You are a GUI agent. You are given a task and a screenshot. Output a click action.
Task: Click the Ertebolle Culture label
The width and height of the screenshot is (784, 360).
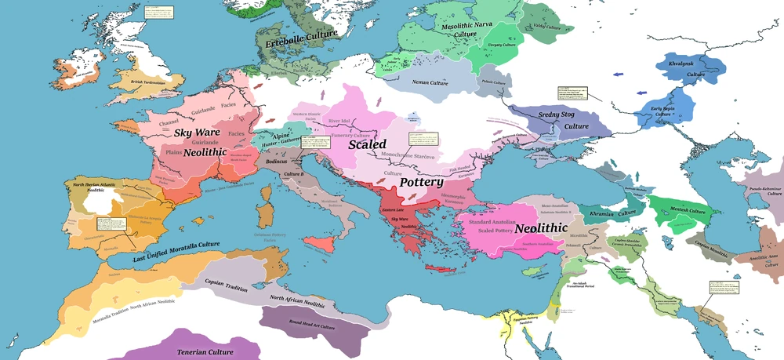tap(302, 35)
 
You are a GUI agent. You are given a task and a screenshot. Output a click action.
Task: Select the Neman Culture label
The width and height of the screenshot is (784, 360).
tap(430, 80)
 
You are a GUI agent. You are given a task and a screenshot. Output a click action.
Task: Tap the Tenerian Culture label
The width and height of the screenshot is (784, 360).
tap(205, 352)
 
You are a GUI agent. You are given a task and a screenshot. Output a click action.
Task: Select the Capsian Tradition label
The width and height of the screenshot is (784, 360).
tap(227, 282)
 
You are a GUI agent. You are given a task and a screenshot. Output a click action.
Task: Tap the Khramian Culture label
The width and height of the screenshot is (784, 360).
tap(612, 213)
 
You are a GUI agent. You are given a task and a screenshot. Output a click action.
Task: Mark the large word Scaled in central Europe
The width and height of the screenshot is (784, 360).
tap(367, 145)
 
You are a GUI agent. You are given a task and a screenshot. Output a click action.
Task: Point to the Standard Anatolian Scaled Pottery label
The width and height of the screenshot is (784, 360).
tap(492, 227)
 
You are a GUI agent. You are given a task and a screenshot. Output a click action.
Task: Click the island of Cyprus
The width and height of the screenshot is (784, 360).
tap(532, 272)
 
